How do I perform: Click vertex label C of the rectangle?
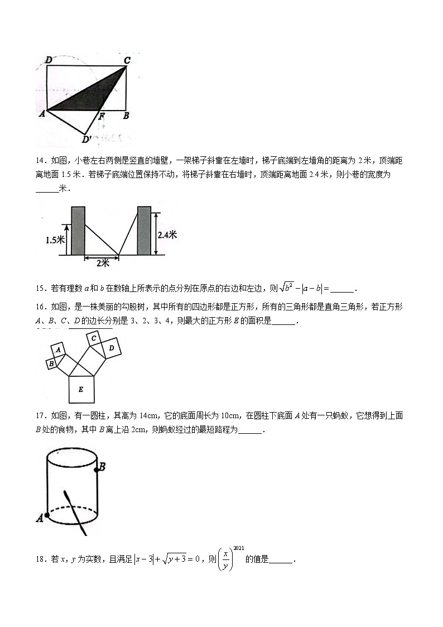pyautogui.click(x=127, y=60)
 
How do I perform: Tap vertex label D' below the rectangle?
pyautogui.click(x=87, y=138)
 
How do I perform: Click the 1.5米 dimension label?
pyautogui.click(x=56, y=240)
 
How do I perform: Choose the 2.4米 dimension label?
pyautogui.click(x=167, y=235)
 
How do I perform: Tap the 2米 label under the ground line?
pyautogui.click(x=101, y=262)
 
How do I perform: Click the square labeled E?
pyautogui.click(x=81, y=389)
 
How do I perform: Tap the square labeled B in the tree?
pyautogui.click(x=51, y=363)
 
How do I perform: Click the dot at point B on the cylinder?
pyautogui.click(x=97, y=470)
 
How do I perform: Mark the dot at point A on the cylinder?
pyautogui.click(x=47, y=516)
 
